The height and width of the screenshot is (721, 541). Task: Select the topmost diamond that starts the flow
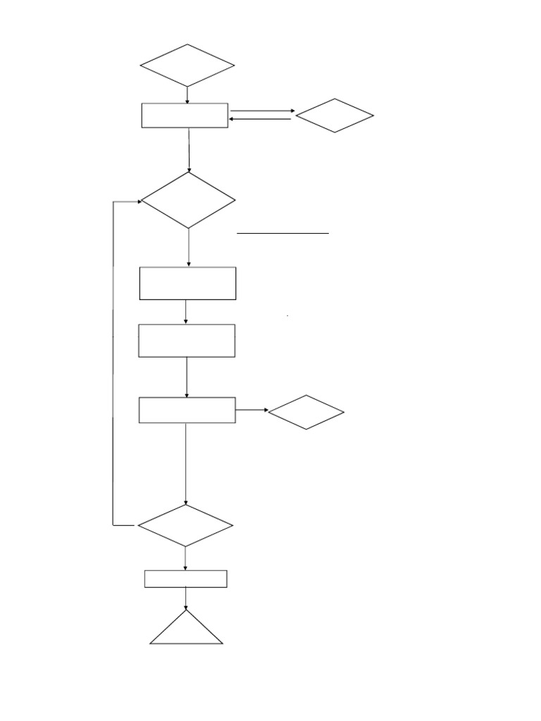pos(187,65)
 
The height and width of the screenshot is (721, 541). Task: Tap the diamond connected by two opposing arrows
pos(335,115)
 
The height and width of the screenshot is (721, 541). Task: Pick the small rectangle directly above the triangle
pos(186,579)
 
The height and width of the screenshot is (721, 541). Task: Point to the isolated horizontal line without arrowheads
pos(282,232)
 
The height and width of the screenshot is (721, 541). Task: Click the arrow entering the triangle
pos(186,598)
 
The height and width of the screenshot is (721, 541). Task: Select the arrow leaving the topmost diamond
pos(187,95)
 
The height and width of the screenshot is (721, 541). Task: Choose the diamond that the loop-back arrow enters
pos(188,201)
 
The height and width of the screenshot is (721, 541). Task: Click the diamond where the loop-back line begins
pos(185,525)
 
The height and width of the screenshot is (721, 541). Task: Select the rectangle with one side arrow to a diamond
pos(187,410)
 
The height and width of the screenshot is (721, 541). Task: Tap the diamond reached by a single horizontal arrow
pos(306,412)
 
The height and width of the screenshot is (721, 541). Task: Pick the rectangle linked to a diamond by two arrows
pos(185,115)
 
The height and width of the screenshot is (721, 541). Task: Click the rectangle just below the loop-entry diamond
pos(187,283)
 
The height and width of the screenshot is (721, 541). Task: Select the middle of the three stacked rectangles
pos(187,341)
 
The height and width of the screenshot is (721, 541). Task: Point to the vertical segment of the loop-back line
pos(113,363)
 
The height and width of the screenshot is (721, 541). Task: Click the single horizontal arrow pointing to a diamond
pos(251,410)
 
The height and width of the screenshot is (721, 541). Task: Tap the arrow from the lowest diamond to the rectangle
pos(185,558)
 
